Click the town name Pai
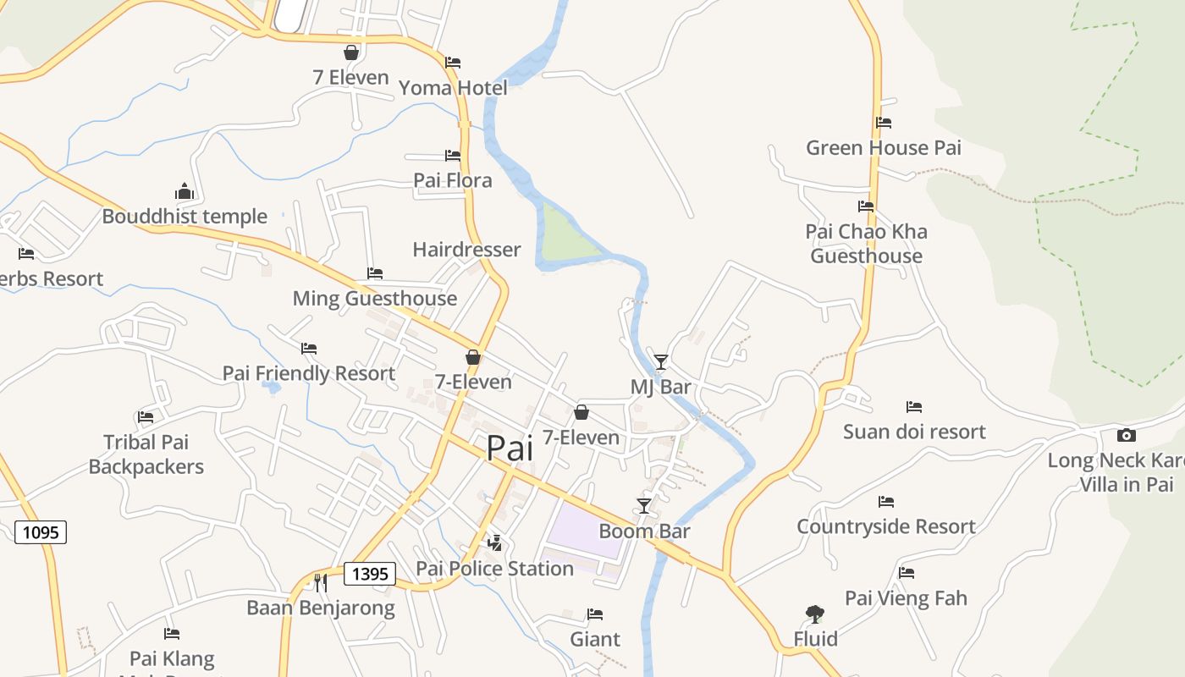coord(510,448)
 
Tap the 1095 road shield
coord(41,531)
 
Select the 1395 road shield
coord(370,574)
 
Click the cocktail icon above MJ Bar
coord(661,361)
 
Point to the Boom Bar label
coord(644,531)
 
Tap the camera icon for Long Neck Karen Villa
coord(1126,435)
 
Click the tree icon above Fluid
coord(815,614)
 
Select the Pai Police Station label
coord(495,568)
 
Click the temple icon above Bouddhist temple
coord(185,191)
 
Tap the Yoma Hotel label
coord(453,88)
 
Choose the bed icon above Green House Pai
coord(884,123)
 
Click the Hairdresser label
coord(466,250)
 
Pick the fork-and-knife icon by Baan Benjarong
coord(320,582)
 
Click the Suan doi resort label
coord(914,432)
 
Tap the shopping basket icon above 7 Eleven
coord(351,52)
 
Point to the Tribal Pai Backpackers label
coord(146,454)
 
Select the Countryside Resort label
coord(886,526)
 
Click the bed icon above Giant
coord(595,614)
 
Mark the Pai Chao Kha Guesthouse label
coord(866,244)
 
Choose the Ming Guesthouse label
coord(374,298)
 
